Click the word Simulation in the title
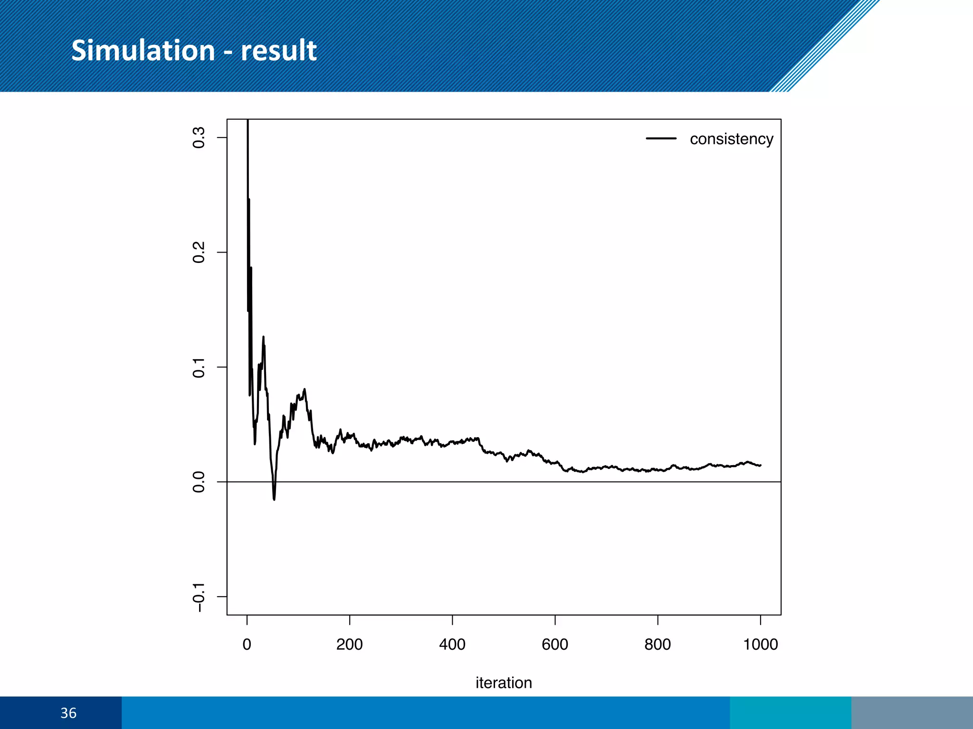[143, 50]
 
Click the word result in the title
[278, 50]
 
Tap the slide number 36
[68, 713]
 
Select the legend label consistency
[731, 139]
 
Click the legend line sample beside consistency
[661, 139]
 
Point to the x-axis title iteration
[504, 682]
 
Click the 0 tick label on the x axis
[247, 644]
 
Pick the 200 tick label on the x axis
[350, 644]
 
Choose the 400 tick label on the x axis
[452, 644]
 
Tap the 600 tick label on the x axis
[555, 644]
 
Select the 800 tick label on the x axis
[658, 644]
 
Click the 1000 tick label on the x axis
[760, 644]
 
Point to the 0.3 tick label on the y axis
[199, 138]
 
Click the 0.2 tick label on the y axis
[199, 252]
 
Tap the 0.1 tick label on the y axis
[199, 367]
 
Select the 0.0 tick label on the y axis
[199, 482]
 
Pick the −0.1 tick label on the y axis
[199, 598]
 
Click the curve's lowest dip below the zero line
[274, 499]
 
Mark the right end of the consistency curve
[760, 465]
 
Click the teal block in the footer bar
[790, 713]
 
